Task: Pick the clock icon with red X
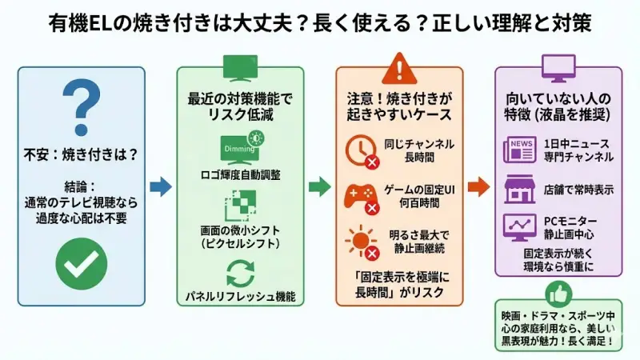pos(359,150)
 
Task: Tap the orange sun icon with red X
pos(359,242)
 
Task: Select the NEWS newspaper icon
pos(519,150)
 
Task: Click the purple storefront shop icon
pos(519,190)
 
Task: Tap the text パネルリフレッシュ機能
pos(240,297)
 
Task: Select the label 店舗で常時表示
pos(578,190)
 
